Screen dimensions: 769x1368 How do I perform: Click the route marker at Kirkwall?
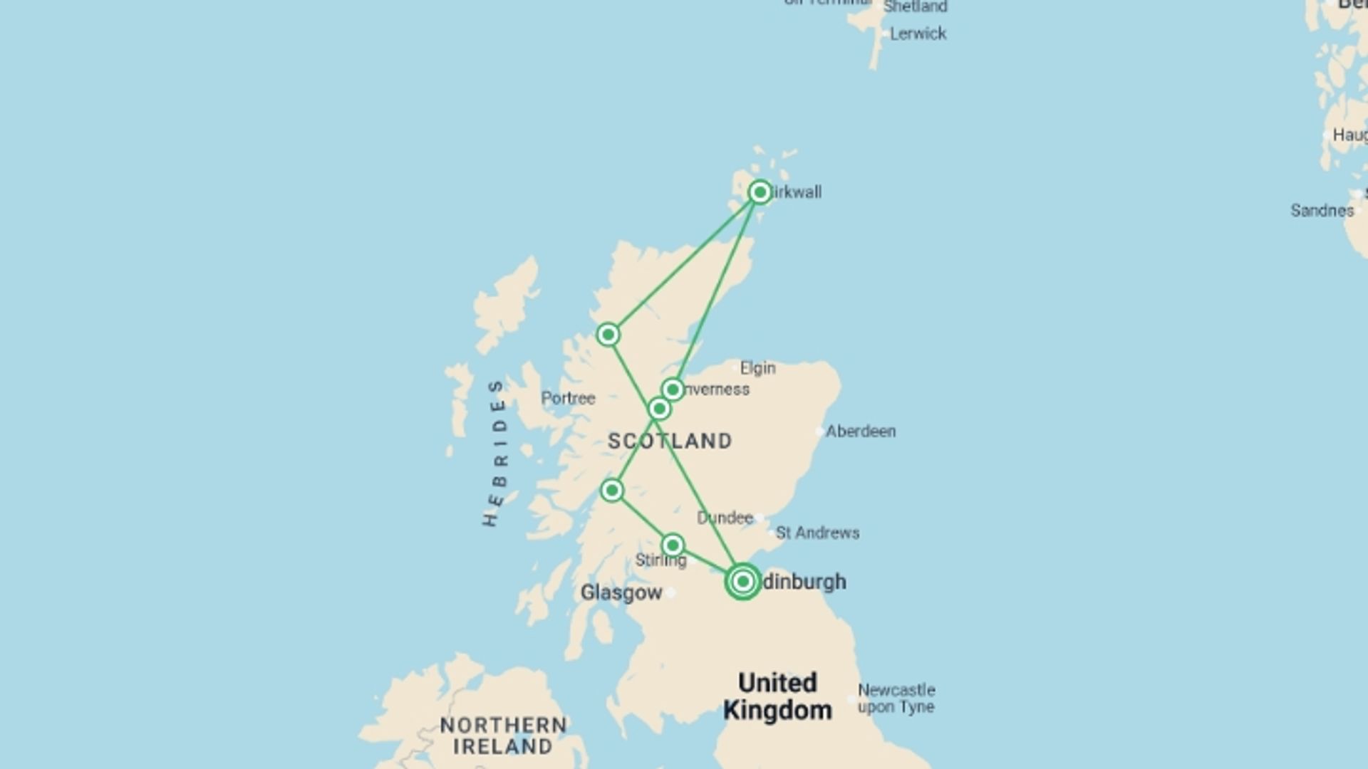[760, 192]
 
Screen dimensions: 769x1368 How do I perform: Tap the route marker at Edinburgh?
[742, 582]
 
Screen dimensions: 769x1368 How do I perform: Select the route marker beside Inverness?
[673, 389]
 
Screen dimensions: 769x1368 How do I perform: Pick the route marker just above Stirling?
[673, 545]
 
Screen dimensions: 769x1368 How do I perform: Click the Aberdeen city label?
[861, 431]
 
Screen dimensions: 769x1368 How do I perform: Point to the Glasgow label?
[621, 592]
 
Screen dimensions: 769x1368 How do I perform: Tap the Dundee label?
[725, 518]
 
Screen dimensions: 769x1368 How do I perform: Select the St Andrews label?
[817, 533]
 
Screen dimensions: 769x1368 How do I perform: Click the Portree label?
[568, 398]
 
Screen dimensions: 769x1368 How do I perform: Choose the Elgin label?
[757, 368]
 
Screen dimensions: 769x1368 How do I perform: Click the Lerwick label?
[918, 33]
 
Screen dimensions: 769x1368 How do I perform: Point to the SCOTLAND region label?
[670, 441]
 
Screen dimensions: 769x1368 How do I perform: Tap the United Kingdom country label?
[777, 696]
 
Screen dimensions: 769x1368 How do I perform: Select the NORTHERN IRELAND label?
[503, 736]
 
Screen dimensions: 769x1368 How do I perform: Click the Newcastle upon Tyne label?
[896, 699]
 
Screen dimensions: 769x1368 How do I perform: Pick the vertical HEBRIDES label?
[496, 454]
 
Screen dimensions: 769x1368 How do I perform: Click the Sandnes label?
[1322, 211]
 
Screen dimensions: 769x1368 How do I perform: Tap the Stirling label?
[660, 560]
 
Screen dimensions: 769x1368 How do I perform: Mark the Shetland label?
[915, 7]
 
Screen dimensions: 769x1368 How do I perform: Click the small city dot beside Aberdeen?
[819, 431]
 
